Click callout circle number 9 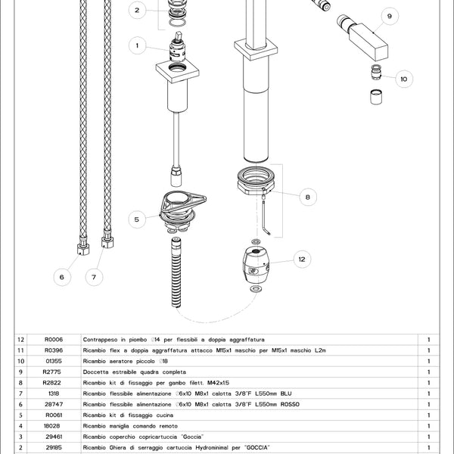coord(389,16)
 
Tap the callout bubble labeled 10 coord(403,78)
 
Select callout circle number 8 coord(307,197)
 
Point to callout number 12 coord(302,259)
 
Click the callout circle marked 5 coord(137,219)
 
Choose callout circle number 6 coord(62,277)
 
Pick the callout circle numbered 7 coord(94,277)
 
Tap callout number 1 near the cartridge coord(137,45)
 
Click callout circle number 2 coord(137,11)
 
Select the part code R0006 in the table coord(54,340)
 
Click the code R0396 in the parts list coord(54,350)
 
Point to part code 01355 coord(54,362)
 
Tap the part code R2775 coord(54,372)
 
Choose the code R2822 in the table coord(54,384)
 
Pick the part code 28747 coord(54,405)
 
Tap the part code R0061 coord(54,415)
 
